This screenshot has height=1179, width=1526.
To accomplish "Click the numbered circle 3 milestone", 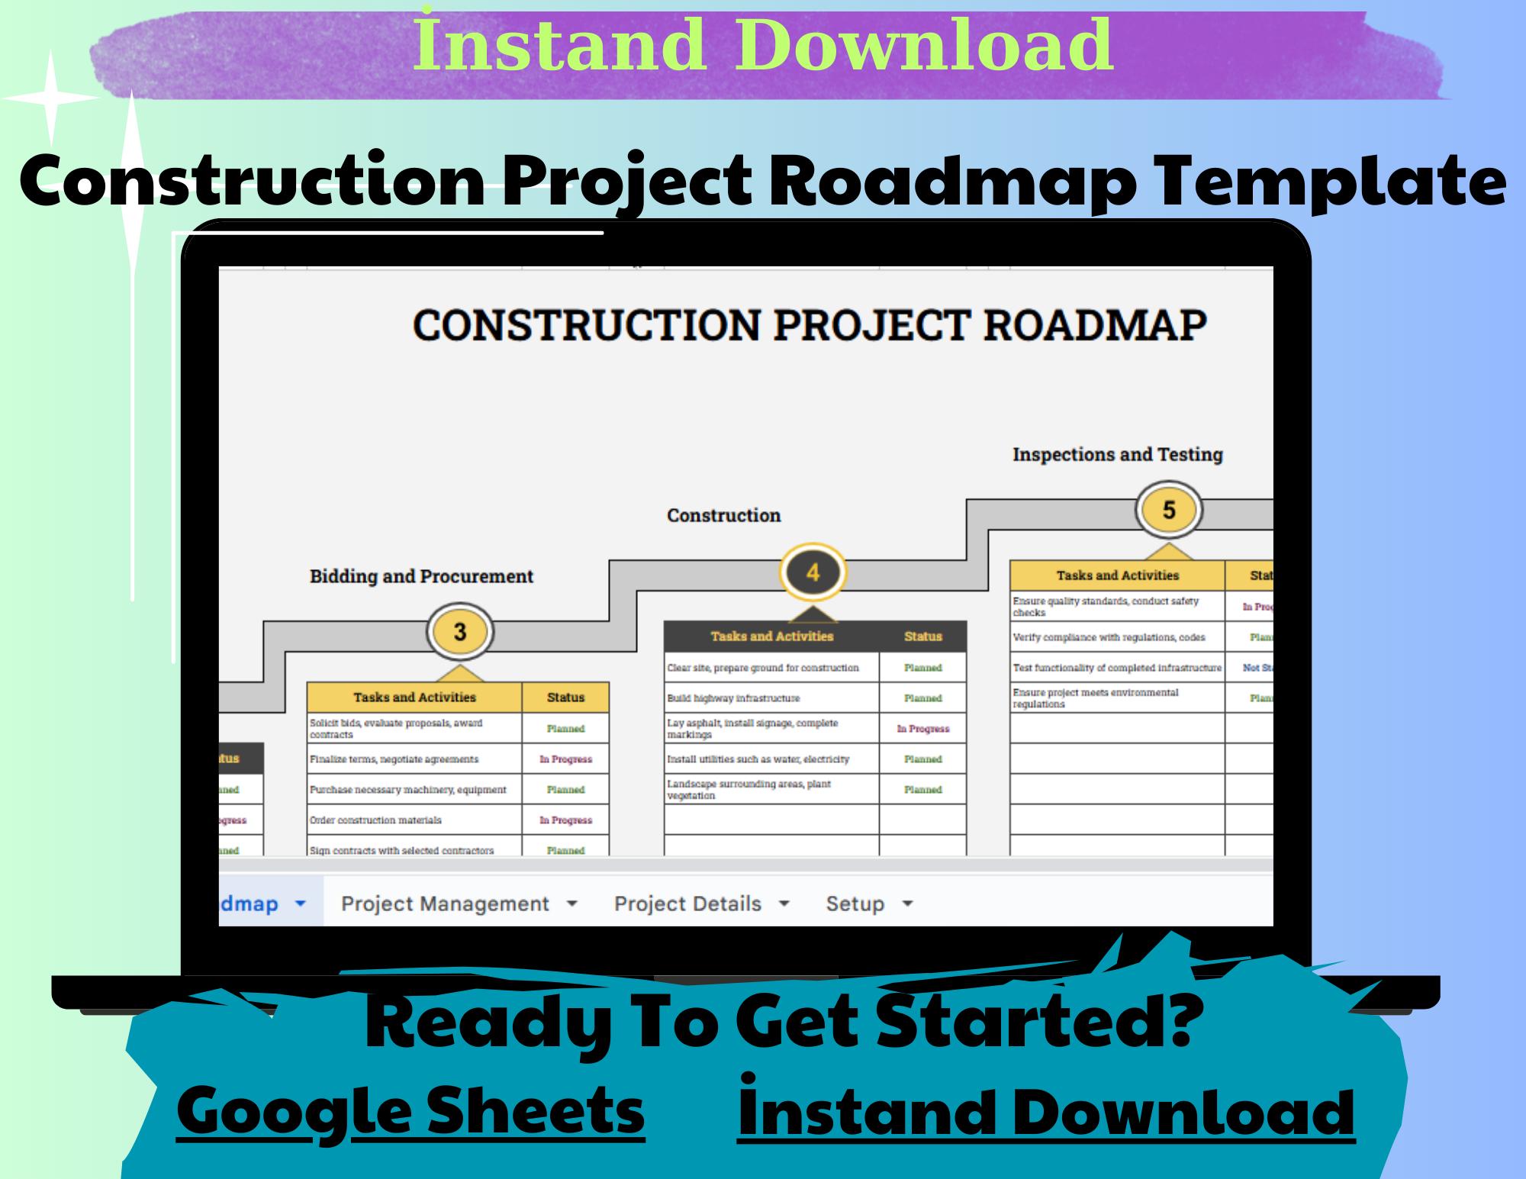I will [459, 632].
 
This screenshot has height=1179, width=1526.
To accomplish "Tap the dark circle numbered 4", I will [813, 572].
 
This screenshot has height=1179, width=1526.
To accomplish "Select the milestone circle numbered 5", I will [1168, 510].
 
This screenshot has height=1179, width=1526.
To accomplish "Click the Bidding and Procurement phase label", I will [421, 576].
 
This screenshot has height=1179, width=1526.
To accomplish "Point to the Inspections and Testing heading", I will [1117, 454].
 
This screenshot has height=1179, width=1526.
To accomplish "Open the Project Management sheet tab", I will [459, 904].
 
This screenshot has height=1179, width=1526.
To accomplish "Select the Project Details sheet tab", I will [701, 904].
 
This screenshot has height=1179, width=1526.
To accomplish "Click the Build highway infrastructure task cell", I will [771, 697].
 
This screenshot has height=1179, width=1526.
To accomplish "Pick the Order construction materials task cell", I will [414, 820].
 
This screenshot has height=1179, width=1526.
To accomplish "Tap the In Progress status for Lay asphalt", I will [922, 728].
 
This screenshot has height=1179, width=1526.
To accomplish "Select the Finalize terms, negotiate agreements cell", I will [414, 759].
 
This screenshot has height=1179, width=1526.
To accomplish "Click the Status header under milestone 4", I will [922, 636].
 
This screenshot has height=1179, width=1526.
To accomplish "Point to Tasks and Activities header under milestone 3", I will [414, 697].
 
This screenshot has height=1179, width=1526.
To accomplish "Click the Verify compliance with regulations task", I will [1117, 636].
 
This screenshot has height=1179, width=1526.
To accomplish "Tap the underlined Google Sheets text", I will [410, 1110].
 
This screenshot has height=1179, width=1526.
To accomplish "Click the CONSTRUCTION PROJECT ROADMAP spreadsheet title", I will [809, 324].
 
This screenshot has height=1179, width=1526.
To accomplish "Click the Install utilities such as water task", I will [771, 759].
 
